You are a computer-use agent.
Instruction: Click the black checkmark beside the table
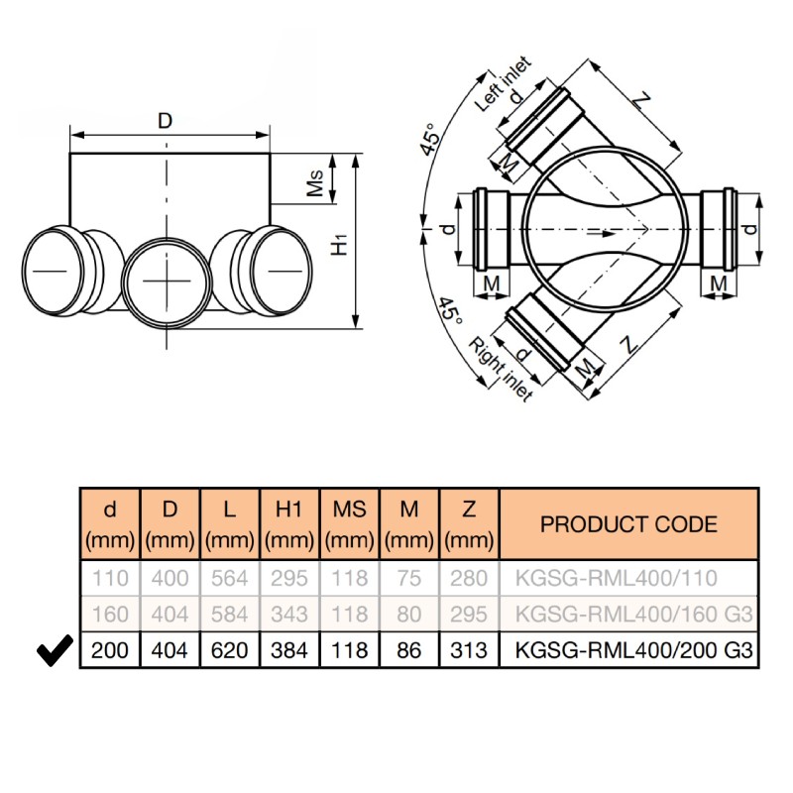click(x=55, y=650)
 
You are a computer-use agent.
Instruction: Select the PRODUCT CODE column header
click(x=628, y=524)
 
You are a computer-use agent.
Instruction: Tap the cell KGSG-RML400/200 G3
click(x=629, y=650)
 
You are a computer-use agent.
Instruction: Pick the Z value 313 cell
click(x=469, y=650)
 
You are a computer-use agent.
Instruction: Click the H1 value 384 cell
click(x=289, y=650)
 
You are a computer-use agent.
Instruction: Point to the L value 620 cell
click(x=230, y=650)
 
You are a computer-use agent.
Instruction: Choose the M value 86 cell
click(x=409, y=650)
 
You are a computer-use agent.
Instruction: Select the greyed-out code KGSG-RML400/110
click(x=616, y=578)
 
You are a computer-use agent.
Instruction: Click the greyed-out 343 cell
click(x=289, y=614)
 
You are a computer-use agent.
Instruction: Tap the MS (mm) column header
click(x=350, y=524)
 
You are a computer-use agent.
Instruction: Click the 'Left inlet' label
click(x=504, y=84)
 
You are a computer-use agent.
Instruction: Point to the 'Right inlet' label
click(x=501, y=370)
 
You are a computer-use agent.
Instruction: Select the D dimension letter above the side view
click(x=166, y=121)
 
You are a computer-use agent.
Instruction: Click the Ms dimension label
click(x=315, y=182)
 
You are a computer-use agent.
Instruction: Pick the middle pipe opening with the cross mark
click(x=167, y=281)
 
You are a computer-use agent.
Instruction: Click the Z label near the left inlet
click(x=640, y=102)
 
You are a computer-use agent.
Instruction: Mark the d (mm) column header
click(x=110, y=524)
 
